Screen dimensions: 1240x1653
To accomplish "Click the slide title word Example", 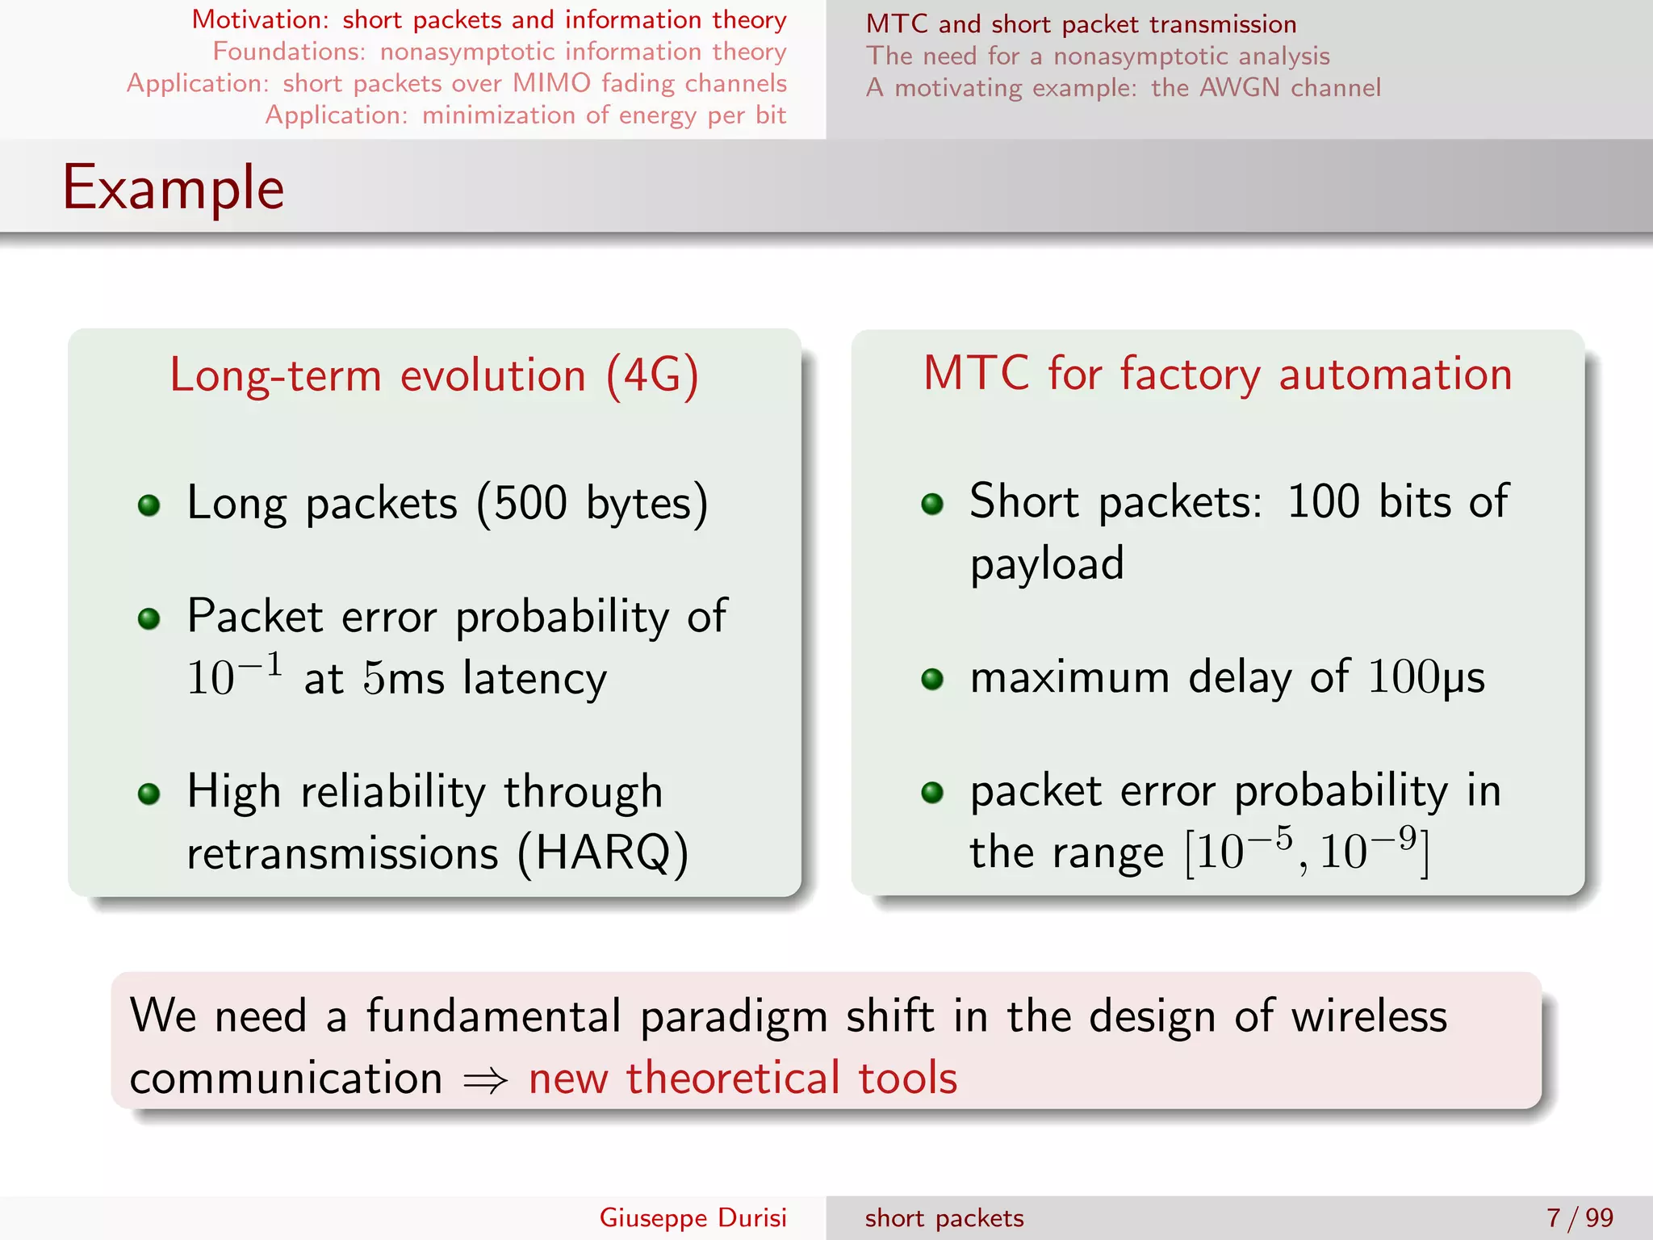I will pyautogui.click(x=174, y=188).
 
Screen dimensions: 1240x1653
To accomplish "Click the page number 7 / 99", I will pyautogui.click(x=1579, y=1217).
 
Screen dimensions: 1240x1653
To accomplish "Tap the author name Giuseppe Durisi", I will pyautogui.click(x=693, y=1217).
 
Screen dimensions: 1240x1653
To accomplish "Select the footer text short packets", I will pyautogui.click(x=944, y=1217).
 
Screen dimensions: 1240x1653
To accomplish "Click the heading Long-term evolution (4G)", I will pyautogui.click(x=434, y=376).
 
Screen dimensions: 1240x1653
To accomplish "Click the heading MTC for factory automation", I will pyautogui.click(x=1217, y=375).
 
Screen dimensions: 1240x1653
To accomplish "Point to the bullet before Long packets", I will pyautogui.click(x=149, y=506).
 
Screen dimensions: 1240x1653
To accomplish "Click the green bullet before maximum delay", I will pyautogui.click(x=932, y=679).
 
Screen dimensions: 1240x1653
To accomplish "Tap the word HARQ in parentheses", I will pyautogui.click(x=603, y=852).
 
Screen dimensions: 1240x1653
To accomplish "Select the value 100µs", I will pyautogui.click(x=1426, y=677).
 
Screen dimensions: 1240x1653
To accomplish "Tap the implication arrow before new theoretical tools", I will pyautogui.click(x=485, y=1080).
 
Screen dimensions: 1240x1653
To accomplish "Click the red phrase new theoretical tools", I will pyautogui.click(x=743, y=1079).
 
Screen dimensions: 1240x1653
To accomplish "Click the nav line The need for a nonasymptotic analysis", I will pyautogui.click(x=1098, y=56).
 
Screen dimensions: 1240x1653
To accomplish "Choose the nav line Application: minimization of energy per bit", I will pyautogui.click(x=525, y=115).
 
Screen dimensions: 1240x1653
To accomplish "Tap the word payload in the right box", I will pyautogui.click(x=1047, y=564).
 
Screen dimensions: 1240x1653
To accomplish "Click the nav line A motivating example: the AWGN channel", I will pyautogui.click(x=1123, y=87).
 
